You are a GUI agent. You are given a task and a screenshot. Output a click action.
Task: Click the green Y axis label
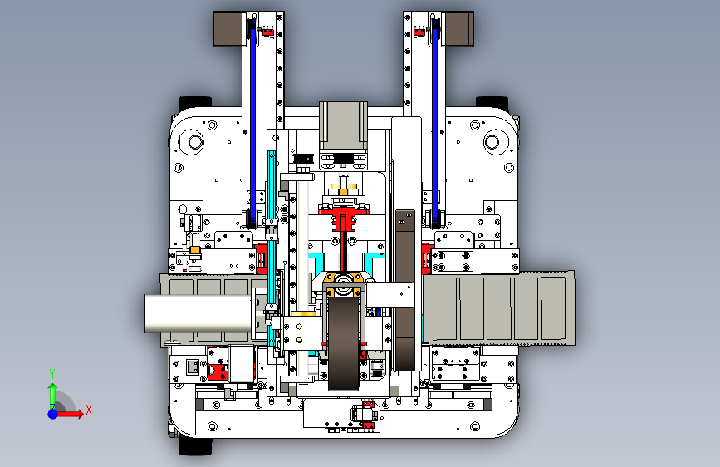52,374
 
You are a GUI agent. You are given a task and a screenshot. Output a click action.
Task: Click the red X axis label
89,410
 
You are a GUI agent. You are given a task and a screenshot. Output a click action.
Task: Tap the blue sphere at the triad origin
53,414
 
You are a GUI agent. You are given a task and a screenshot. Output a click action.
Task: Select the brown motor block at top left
228,29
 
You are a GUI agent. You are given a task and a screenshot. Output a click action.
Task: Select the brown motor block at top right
458,29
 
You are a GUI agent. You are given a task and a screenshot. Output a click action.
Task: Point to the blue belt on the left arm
252,122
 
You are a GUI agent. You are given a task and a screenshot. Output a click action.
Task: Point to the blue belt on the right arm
434,122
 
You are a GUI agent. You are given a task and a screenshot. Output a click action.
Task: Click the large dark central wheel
344,342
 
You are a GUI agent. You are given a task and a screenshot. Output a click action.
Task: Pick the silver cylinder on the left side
198,313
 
